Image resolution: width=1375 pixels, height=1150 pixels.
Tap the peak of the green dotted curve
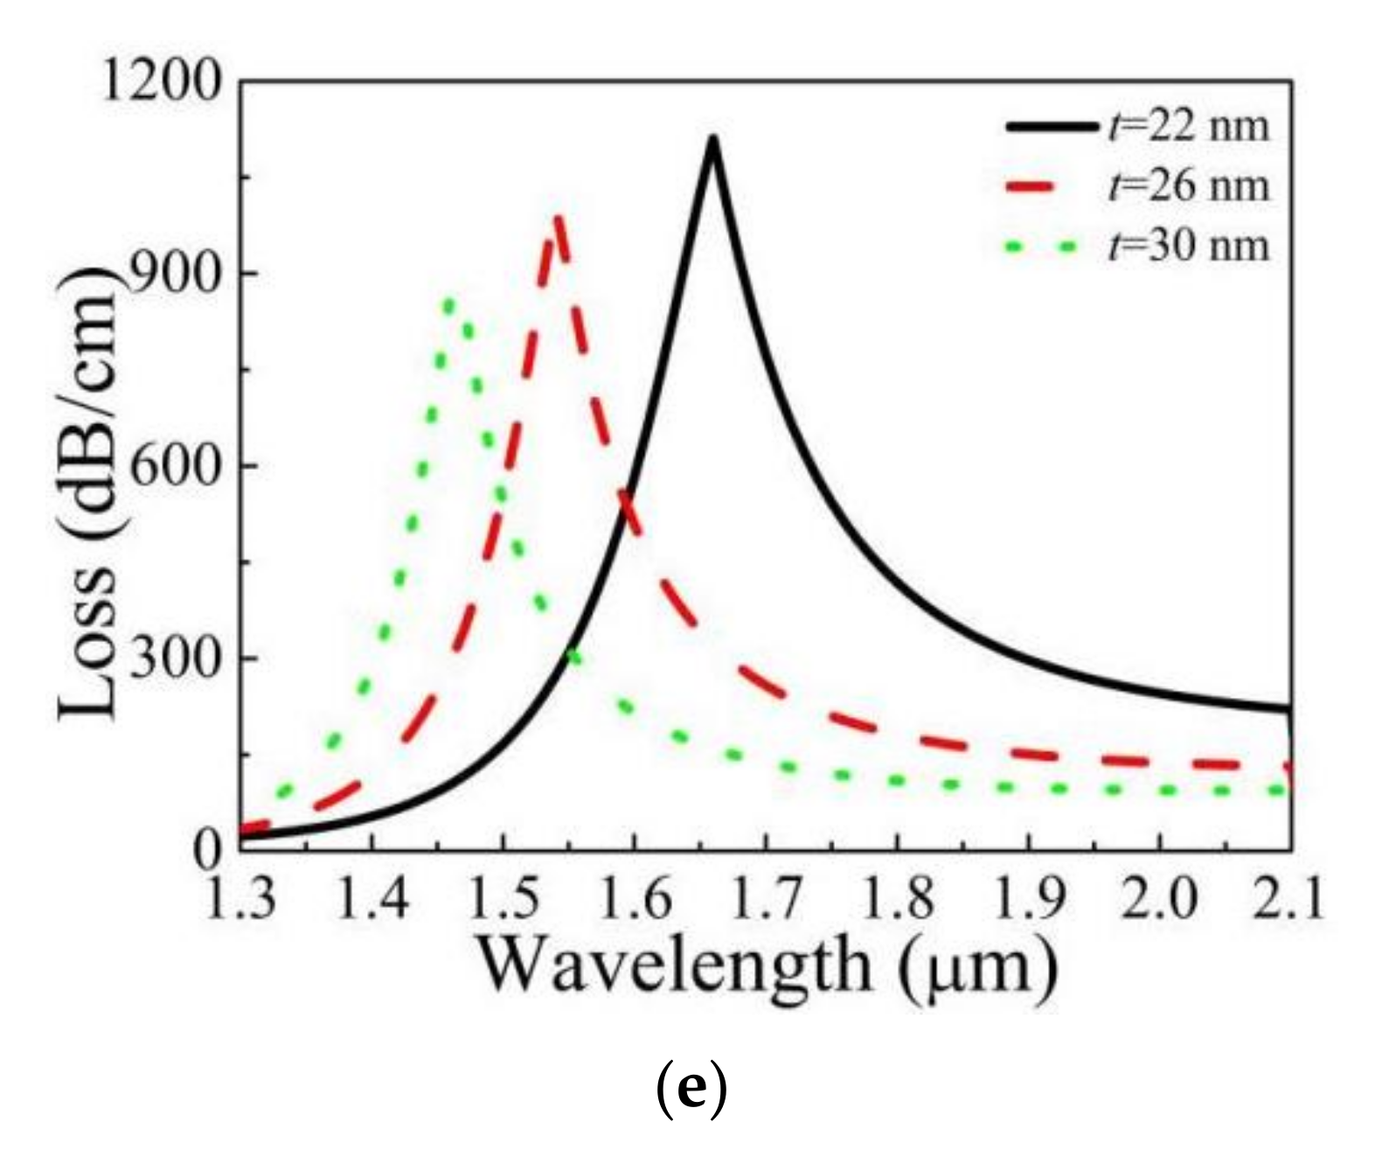pyautogui.click(x=449, y=303)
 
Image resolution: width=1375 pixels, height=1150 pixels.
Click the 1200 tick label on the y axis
pyautogui.click(x=162, y=82)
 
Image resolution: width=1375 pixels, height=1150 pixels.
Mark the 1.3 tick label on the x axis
pyautogui.click(x=241, y=899)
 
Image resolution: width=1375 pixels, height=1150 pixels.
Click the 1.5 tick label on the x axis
pyautogui.click(x=503, y=899)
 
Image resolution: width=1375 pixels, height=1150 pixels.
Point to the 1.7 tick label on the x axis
pyautogui.click(x=765, y=899)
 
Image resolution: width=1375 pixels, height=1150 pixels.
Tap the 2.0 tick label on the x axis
pyautogui.click(x=1158, y=899)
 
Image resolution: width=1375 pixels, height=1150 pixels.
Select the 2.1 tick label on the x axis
pyautogui.click(x=1288, y=899)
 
